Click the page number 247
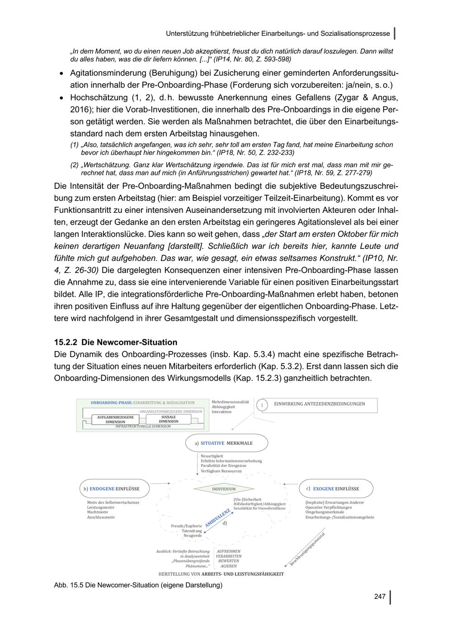(x=380, y=597)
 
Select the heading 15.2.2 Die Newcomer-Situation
(x=116, y=342)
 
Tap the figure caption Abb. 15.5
(x=138, y=585)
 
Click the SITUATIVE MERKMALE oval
(x=227, y=443)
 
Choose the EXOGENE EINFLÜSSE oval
(x=336, y=489)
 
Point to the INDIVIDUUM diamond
(x=224, y=489)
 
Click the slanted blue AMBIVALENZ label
(x=218, y=518)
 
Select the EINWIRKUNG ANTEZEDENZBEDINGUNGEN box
(x=319, y=404)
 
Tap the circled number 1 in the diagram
(x=262, y=405)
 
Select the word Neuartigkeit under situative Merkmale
(x=212, y=456)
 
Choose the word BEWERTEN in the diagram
(x=229, y=561)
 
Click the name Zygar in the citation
(x=350, y=98)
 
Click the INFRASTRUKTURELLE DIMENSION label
(x=143, y=426)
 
